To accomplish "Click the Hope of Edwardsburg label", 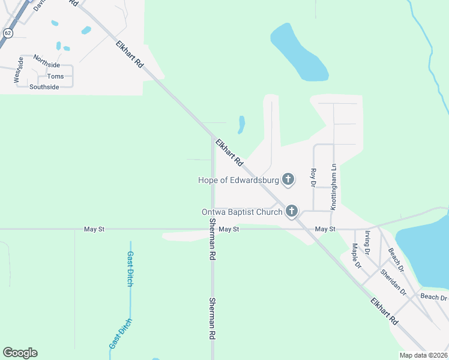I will point(240,179).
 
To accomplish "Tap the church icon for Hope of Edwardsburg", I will point(289,179).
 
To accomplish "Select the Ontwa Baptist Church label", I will point(242,211).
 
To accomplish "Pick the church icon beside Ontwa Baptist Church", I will point(292,211).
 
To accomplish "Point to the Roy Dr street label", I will point(313,178).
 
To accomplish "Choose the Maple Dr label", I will point(357,255).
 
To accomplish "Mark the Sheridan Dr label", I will point(393,281).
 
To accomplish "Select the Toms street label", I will point(55,76).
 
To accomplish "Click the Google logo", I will point(20,353).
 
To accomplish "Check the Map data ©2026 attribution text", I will point(423,355).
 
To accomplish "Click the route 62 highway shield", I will point(7,33).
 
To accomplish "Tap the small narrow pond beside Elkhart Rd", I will point(241,125).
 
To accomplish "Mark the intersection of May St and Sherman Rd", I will point(212,229).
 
